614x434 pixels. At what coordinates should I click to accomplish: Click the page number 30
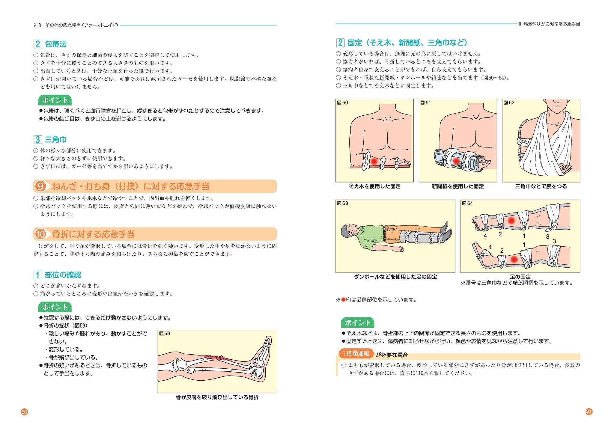click(x=24, y=412)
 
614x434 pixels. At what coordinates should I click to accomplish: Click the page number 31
click(x=589, y=412)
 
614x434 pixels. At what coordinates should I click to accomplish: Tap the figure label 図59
click(x=165, y=333)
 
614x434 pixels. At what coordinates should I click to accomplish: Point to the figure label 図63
click(x=342, y=203)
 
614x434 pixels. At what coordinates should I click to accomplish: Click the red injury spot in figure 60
click(x=374, y=161)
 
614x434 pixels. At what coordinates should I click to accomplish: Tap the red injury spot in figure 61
click(x=456, y=161)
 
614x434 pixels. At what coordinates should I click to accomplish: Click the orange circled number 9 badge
click(x=40, y=186)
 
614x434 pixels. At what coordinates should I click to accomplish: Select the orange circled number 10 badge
click(x=40, y=234)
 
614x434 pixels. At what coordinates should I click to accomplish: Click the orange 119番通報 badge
click(x=356, y=354)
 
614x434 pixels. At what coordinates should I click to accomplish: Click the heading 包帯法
click(x=55, y=44)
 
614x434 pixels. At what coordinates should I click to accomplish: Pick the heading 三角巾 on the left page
click(x=55, y=139)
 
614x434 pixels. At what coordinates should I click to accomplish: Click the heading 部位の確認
click(x=63, y=275)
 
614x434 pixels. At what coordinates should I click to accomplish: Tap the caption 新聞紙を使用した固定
click(x=458, y=186)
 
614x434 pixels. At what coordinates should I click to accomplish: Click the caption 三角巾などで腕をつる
click(x=541, y=186)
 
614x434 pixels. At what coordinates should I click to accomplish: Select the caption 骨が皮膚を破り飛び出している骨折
click(x=217, y=397)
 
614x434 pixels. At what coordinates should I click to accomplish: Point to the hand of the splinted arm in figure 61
click(x=484, y=163)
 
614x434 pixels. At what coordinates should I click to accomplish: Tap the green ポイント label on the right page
click(x=357, y=323)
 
